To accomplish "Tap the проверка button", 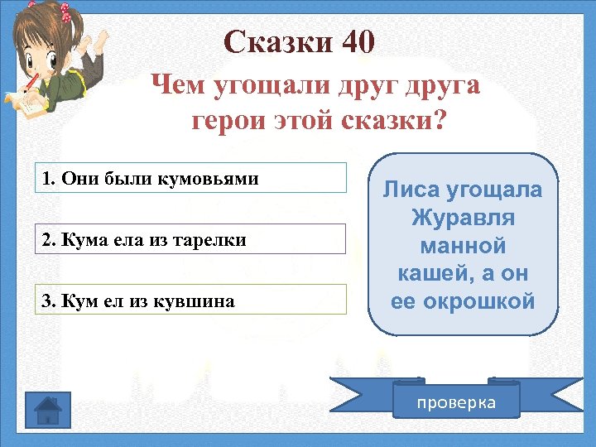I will (x=456, y=402).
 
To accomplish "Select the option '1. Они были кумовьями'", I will (x=190, y=178).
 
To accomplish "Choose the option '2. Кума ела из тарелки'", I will (x=190, y=239).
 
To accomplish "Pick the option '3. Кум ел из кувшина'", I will (x=190, y=300).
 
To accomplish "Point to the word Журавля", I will (x=463, y=218).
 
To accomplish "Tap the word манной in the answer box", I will (x=463, y=246).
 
